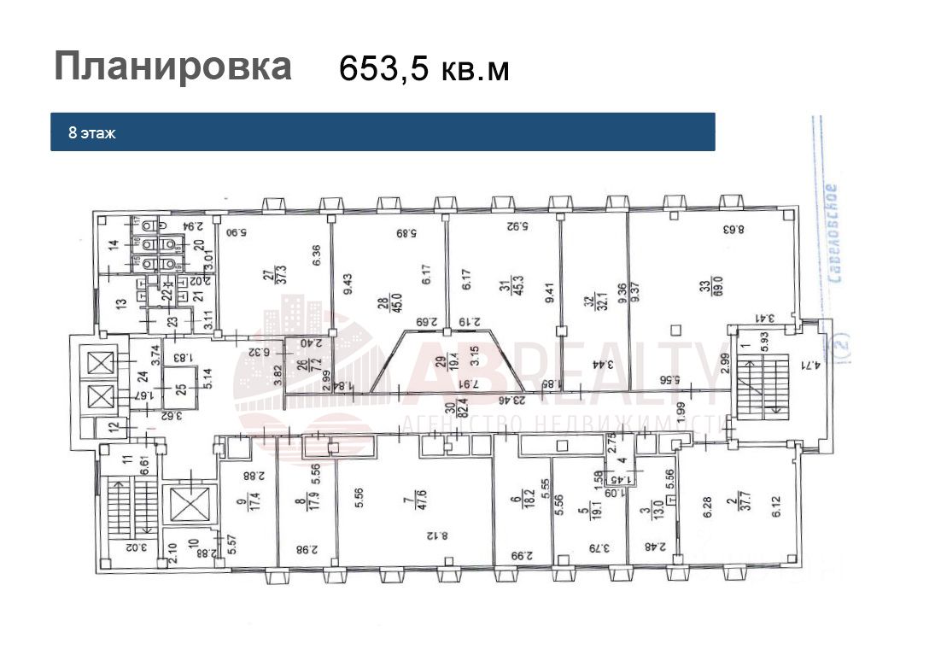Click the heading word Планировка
point(172,66)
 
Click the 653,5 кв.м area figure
point(424,68)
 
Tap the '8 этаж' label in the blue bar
point(92,133)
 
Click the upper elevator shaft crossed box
point(100,364)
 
